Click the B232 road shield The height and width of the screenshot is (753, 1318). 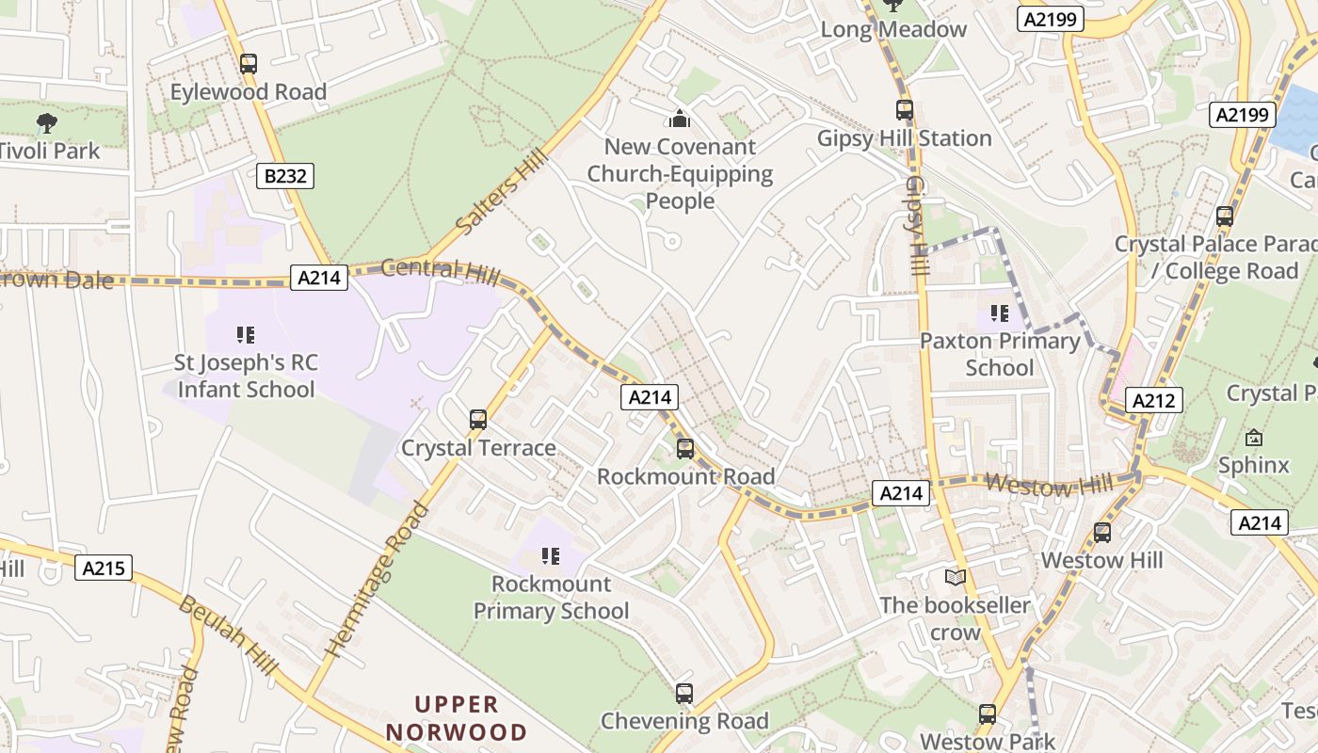click(x=285, y=175)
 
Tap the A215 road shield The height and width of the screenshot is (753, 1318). click(x=104, y=568)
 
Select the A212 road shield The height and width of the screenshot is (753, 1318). click(x=1154, y=400)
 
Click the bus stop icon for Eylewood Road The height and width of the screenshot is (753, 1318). click(x=249, y=64)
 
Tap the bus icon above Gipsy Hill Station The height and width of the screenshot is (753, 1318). click(x=905, y=110)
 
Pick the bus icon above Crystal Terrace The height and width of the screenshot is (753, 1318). click(x=478, y=420)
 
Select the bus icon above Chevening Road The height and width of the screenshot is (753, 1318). click(x=684, y=694)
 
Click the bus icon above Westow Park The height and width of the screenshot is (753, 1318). click(x=988, y=714)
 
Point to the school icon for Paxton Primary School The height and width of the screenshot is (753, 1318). click(x=999, y=312)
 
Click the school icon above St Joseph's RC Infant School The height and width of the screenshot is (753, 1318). click(x=246, y=334)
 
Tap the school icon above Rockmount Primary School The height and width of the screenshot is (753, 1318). click(x=551, y=556)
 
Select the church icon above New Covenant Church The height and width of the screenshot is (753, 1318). click(x=680, y=120)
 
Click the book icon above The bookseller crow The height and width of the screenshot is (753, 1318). click(x=956, y=577)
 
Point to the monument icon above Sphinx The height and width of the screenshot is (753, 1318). click(x=1254, y=438)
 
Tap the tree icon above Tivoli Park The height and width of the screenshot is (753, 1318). click(x=45, y=122)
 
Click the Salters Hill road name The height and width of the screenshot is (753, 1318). click(x=500, y=193)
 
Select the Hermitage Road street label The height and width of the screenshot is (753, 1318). click(x=376, y=580)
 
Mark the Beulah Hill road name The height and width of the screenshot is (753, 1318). click(x=229, y=635)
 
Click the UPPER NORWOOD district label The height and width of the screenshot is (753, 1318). click(x=457, y=718)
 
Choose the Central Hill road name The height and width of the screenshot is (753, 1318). click(x=441, y=269)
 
